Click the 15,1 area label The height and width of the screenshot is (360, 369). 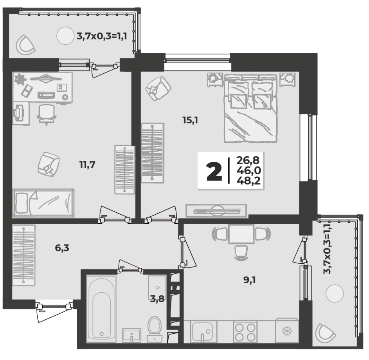[x=190, y=120]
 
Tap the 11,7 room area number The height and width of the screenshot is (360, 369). [x=87, y=165]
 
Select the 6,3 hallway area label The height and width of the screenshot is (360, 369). [x=62, y=248]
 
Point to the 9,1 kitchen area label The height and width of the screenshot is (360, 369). [x=249, y=280]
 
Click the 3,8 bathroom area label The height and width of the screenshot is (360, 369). [x=157, y=299]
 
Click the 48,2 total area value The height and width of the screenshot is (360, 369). [x=249, y=181]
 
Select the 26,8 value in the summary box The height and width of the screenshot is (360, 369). [x=248, y=161]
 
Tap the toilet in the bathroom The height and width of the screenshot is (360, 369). [x=155, y=329]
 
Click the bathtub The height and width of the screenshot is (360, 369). [x=101, y=309]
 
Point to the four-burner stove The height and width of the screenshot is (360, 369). [x=245, y=332]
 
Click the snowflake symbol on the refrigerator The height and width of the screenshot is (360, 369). [x=287, y=331]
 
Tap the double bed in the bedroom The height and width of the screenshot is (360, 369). [x=250, y=109]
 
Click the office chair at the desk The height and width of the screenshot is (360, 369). [x=47, y=114]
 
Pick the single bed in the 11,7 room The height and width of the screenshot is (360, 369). [x=43, y=203]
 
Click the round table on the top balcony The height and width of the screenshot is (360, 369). [x=65, y=36]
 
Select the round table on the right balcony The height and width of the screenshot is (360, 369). [x=335, y=293]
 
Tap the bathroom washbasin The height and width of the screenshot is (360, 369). [x=131, y=335]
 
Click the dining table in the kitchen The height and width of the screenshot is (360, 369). [x=241, y=234]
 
